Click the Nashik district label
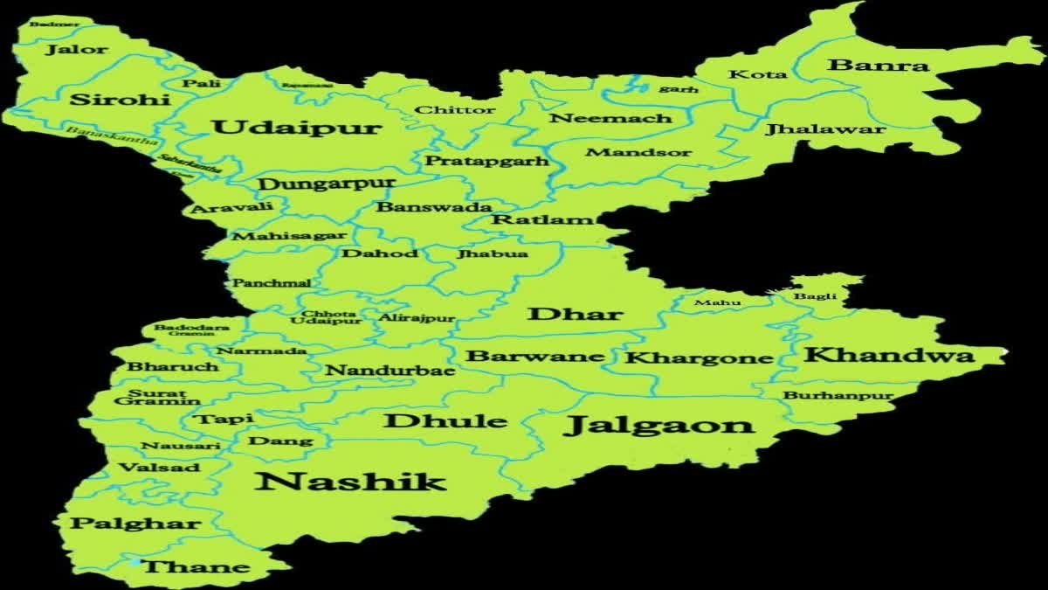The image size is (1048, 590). pyautogui.click(x=351, y=481)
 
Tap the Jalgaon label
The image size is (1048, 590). pyautogui.click(x=659, y=426)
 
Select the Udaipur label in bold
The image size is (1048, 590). pyautogui.click(x=297, y=128)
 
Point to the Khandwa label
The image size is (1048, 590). pyautogui.click(x=888, y=355)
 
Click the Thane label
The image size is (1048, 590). pyautogui.click(x=196, y=567)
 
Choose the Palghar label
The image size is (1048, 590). pyautogui.click(x=135, y=524)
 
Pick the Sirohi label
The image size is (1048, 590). pyautogui.click(x=120, y=99)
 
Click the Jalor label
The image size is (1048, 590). pyautogui.click(x=77, y=50)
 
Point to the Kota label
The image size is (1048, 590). pyautogui.click(x=757, y=75)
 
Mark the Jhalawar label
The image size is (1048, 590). pyautogui.click(x=825, y=129)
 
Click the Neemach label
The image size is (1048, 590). pyautogui.click(x=610, y=118)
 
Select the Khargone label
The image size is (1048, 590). pyautogui.click(x=699, y=357)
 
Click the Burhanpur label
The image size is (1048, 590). pyautogui.click(x=838, y=396)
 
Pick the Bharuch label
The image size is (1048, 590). pyautogui.click(x=173, y=366)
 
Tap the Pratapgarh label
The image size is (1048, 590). pyautogui.click(x=486, y=161)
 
